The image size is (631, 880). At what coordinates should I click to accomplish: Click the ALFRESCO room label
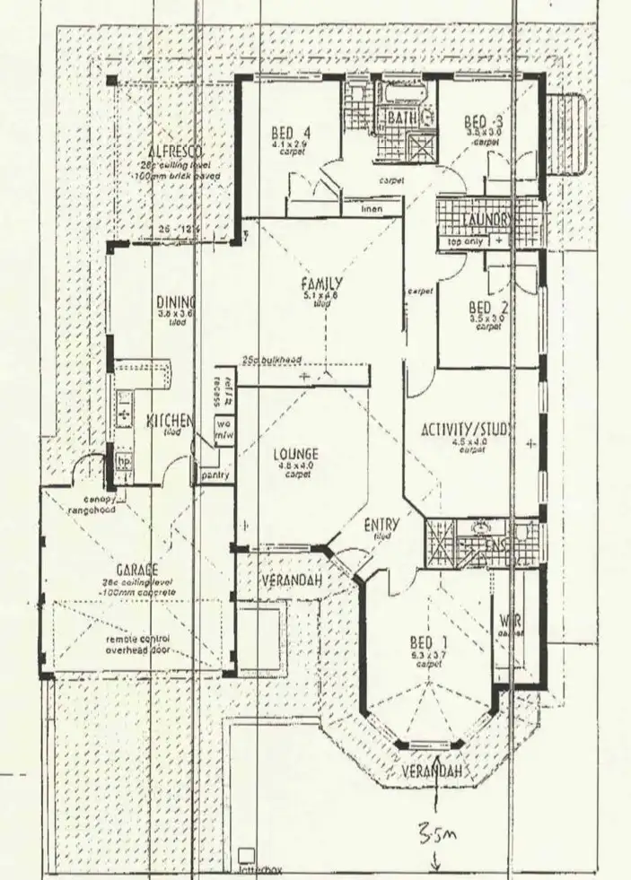coord(170,150)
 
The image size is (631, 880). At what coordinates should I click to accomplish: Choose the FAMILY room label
coord(322,286)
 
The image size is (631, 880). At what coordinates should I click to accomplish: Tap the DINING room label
coord(176,302)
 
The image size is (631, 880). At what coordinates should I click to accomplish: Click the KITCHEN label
coord(171,420)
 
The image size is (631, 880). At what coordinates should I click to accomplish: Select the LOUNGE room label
coord(296,455)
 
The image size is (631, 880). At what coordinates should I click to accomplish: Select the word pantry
coord(215,475)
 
